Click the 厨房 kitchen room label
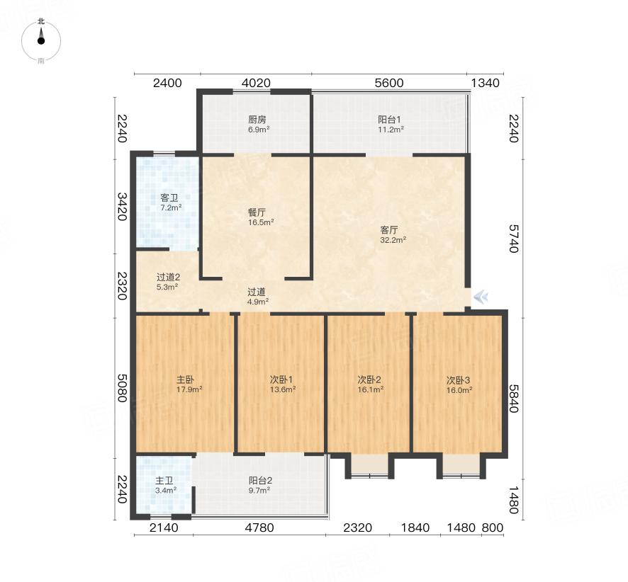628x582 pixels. click(257, 120)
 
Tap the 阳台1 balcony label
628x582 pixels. click(389, 120)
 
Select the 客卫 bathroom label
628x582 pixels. click(169, 198)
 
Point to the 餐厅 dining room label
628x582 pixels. click(257, 213)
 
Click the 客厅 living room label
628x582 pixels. click(389, 230)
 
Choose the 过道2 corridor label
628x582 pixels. click(168, 278)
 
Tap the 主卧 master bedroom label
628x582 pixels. click(186, 380)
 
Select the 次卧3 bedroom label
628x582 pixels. click(458, 380)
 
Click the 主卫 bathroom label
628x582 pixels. click(164, 481)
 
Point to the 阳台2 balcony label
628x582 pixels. click(260, 481)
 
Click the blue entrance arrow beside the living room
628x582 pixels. click(481, 297)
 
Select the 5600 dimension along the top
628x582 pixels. click(389, 84)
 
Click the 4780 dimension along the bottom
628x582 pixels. click(259, 528)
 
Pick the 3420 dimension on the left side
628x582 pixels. click(122, 207)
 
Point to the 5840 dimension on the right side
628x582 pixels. click(514, 399)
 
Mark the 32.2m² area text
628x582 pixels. click(393, 240)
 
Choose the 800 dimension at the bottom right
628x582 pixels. click(492, 528)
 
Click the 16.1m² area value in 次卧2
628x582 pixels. click(371, 389)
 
